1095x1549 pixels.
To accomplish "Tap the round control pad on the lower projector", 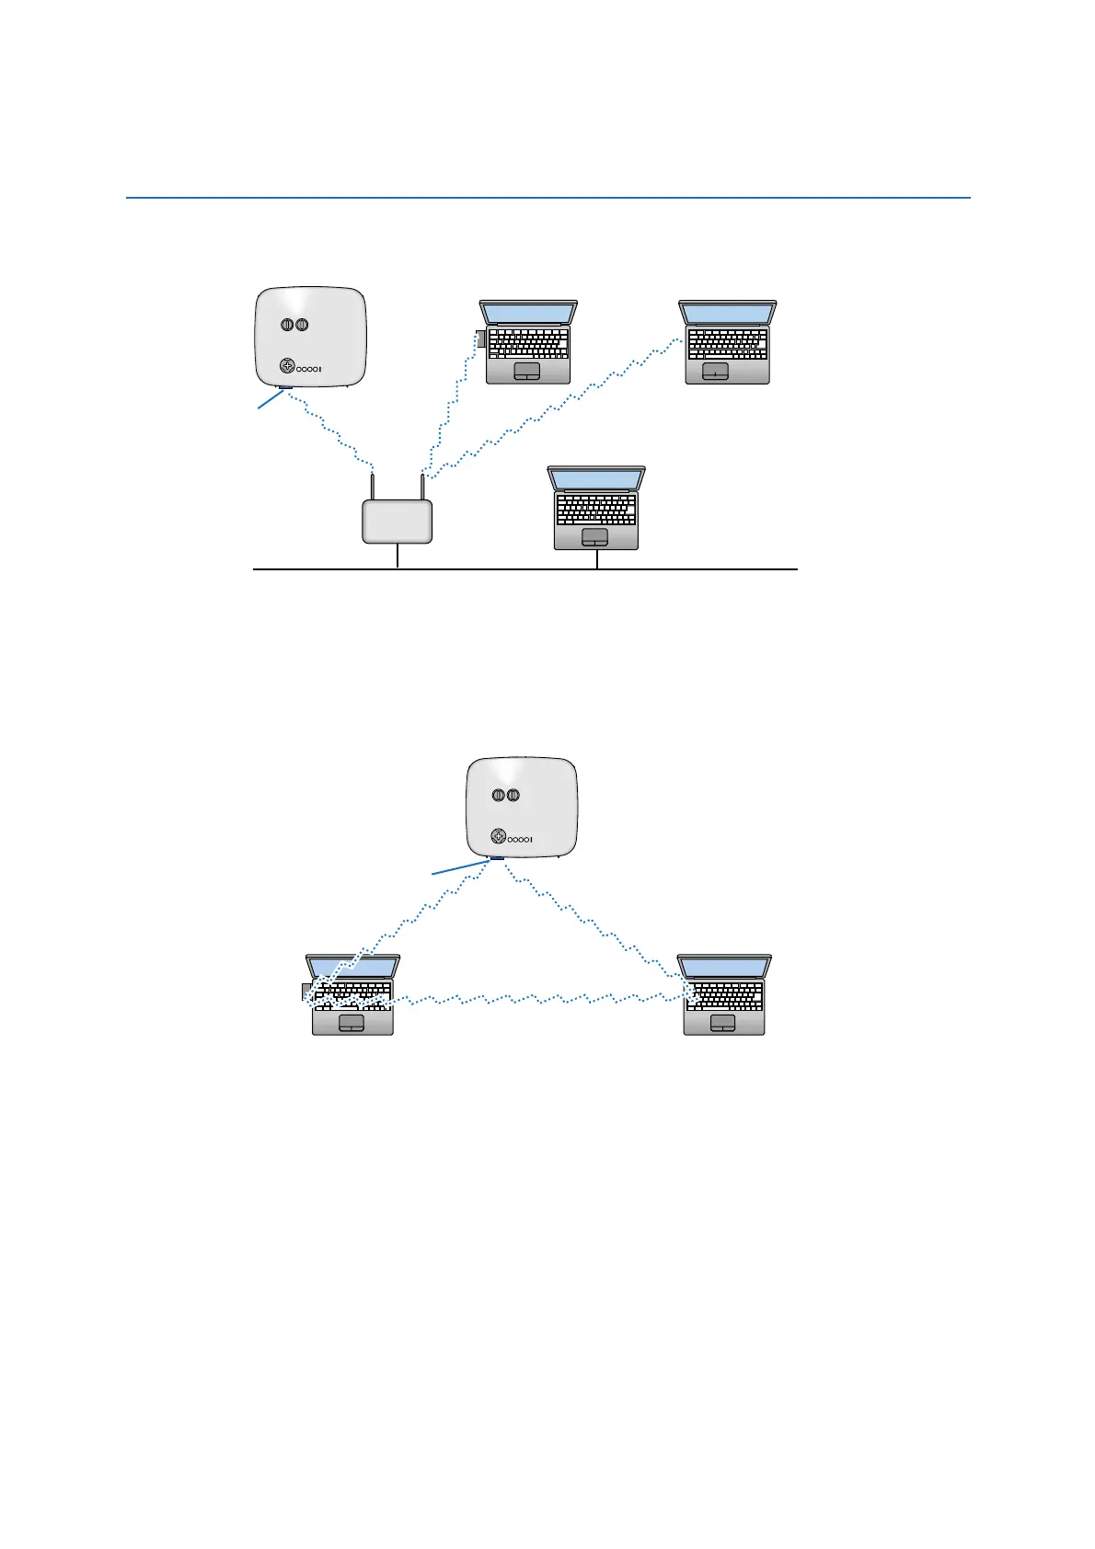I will [498, 836].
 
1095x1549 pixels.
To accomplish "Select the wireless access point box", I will [397, 522].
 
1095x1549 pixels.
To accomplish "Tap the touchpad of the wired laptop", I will [595, 536].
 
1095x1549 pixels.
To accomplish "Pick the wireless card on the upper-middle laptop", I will [480, 339].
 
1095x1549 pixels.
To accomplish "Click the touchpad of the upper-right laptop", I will [715, 371].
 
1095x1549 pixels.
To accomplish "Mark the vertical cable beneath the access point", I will [398, 556].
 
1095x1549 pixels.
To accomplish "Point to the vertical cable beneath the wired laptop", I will [597, 559].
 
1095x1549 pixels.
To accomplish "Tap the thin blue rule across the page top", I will [547, 198].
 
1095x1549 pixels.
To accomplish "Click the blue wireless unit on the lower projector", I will [497, 858].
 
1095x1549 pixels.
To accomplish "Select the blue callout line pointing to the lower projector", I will [460, 867].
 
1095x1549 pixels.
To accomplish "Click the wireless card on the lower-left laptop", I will [306, 992].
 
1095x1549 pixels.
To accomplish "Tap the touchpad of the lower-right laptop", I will [723, 1023].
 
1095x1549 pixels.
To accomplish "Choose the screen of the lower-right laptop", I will [724, 968].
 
